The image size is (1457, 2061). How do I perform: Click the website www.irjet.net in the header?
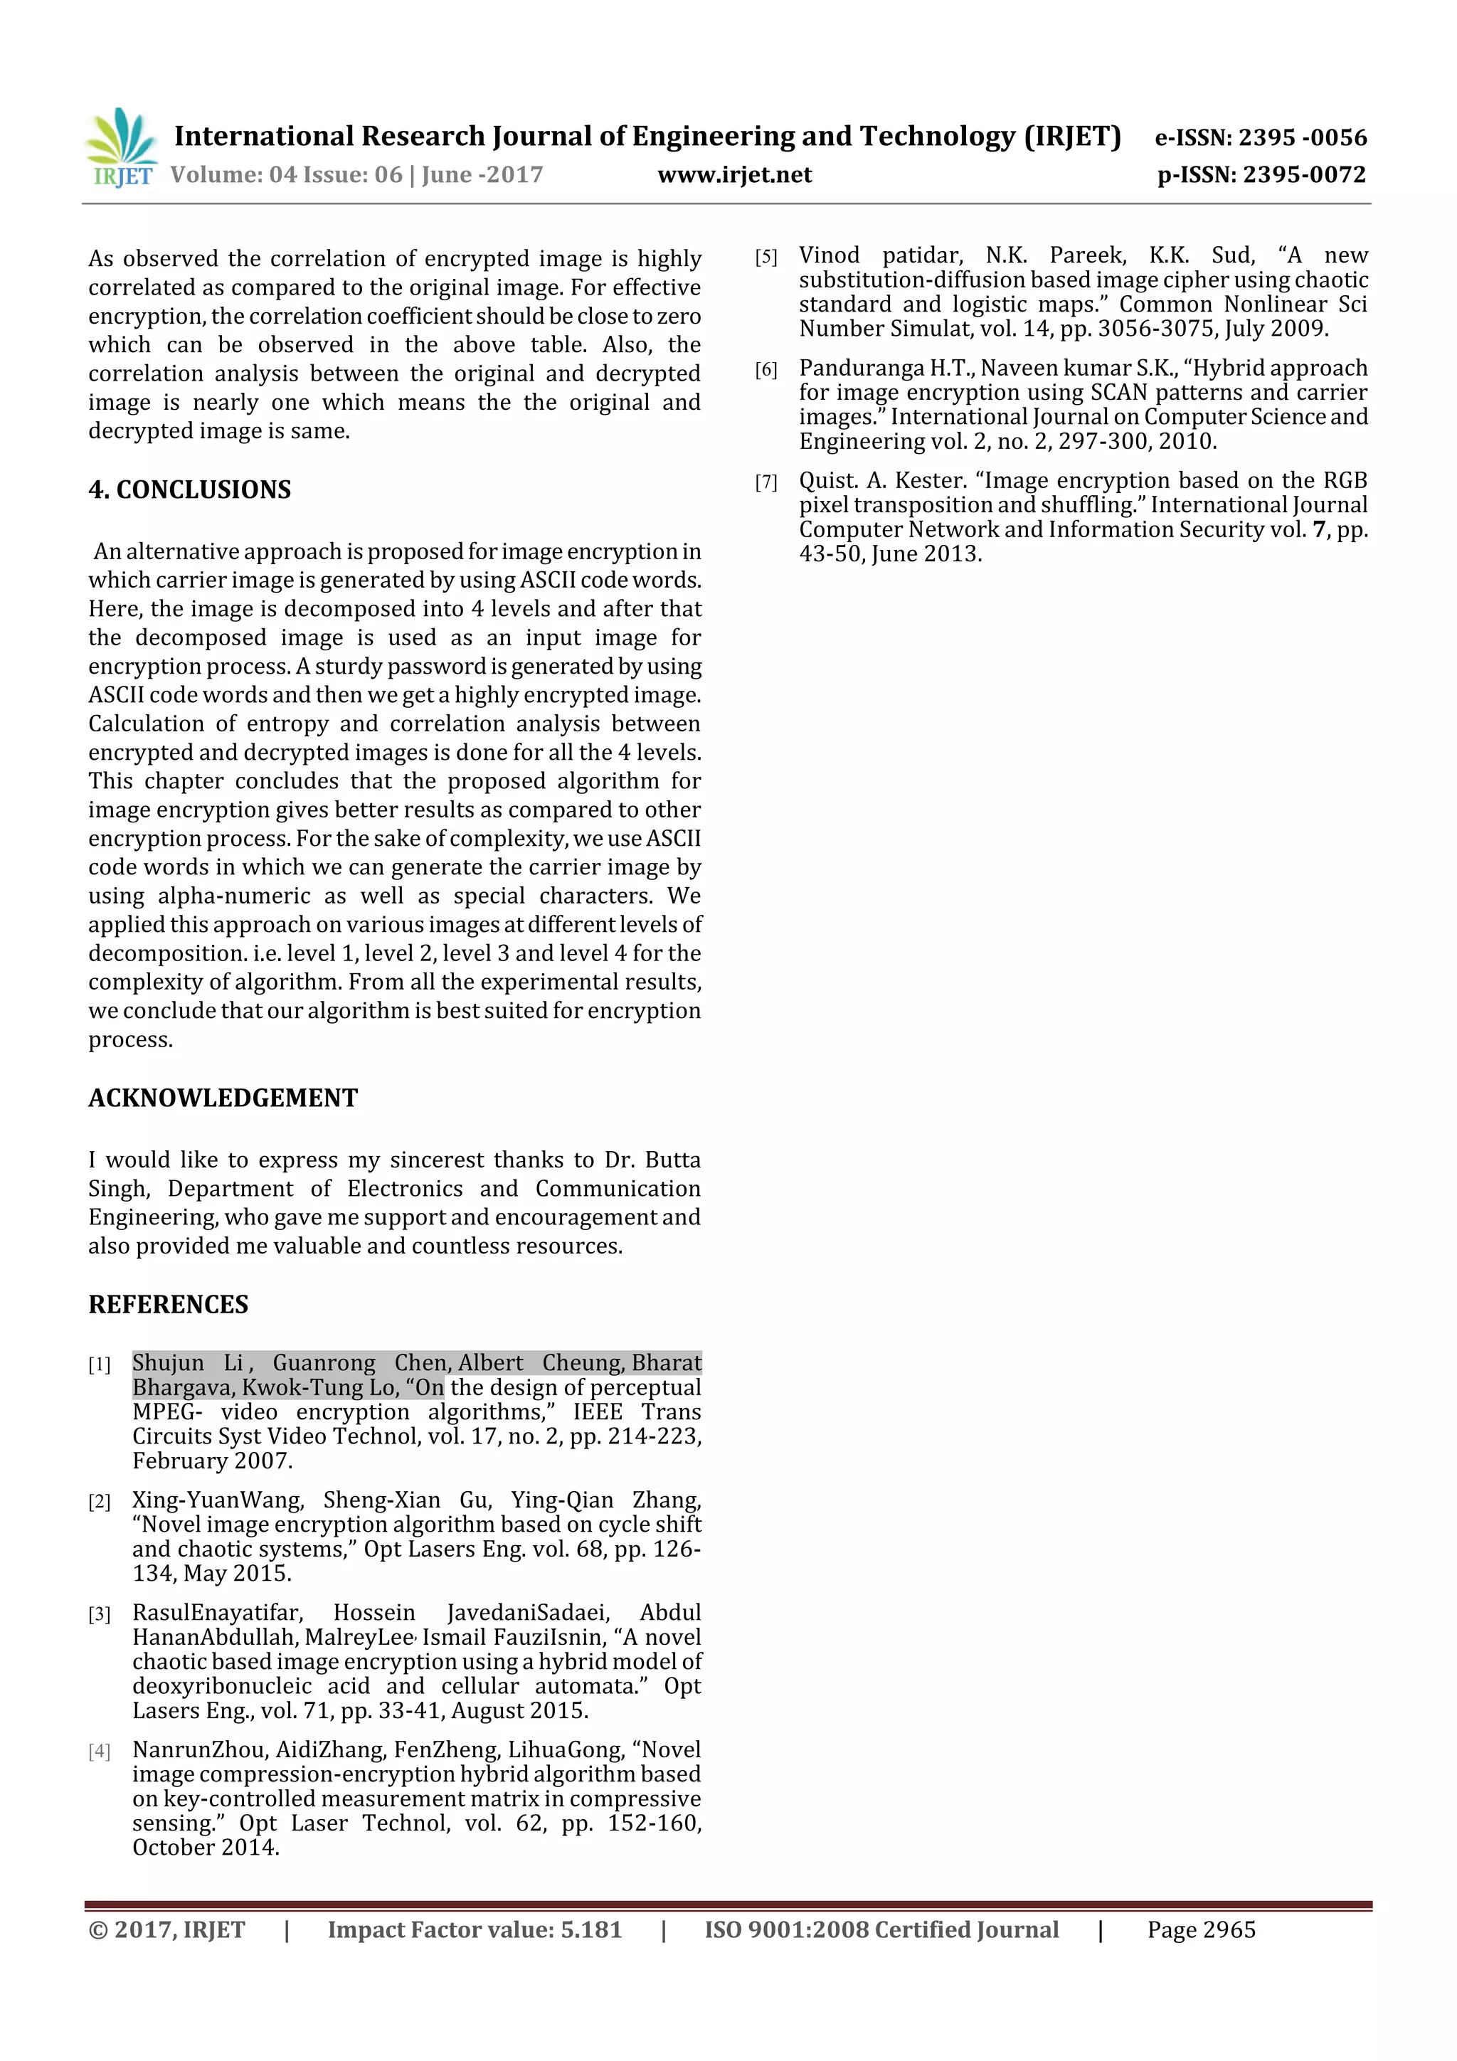[x=734, y=175]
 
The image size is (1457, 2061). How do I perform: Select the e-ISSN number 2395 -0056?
[x=1302, y=137]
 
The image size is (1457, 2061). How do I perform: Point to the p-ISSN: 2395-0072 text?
[x=1261, y=175]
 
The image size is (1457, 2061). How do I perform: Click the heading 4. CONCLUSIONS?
[x=189, y=489]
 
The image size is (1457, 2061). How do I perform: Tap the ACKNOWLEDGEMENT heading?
[x=223, y=1098]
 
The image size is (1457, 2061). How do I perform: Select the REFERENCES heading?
[x=168, y=1304]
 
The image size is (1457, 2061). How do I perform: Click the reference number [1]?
[x=100, y=1365]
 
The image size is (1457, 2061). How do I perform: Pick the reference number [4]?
[x=100, y=1752]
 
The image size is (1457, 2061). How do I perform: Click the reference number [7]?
[x=765, y=483]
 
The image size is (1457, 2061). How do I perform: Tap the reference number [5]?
[x=765, y=258]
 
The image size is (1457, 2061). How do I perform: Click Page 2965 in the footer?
[x=1201, y=1930]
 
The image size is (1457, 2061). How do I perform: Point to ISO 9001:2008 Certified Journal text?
[x=881, y=1930]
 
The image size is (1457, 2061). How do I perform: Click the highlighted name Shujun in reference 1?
[x=168, y=1362]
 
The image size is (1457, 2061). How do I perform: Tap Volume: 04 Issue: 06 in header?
[x=287, y=175]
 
